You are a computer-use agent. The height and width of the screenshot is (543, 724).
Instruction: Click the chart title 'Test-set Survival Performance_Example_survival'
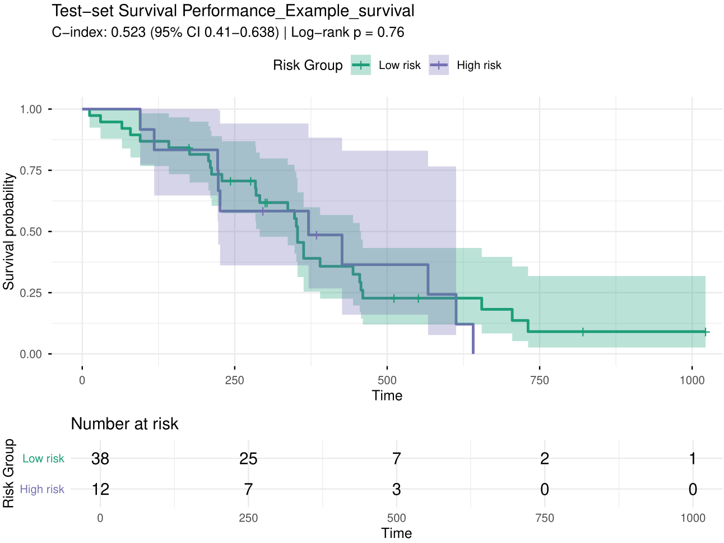pyautogui.click(x=233, y=11)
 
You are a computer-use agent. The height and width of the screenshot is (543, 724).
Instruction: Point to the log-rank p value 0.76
pyautogui.click(x=391, y=33)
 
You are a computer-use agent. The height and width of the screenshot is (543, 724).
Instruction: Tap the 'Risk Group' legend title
pyautogui.click(x=308, y=65)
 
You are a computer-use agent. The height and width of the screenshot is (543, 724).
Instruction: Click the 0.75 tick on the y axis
pyautogui.click(x=31, y=171)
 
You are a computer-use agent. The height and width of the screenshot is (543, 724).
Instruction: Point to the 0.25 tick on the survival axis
pyautogui.click(x=31, y=293)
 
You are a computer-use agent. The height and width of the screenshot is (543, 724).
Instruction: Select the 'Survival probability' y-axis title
pyautogui.click(x=8, y=231)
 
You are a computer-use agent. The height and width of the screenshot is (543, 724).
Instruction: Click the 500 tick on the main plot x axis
pyautogui.click(x=387, y=380)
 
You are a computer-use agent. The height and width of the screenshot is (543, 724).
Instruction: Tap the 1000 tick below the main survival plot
pyautogui.click(x=692, y=380)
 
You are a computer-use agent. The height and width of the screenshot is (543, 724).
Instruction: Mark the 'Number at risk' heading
pyautogui.click(x=124, y=424)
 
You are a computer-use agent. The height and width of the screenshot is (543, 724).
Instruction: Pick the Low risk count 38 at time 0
pyautogui.click(x=100, y=459)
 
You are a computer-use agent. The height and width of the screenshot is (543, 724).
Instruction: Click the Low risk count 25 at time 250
pyautogui.click(x=248, y=459)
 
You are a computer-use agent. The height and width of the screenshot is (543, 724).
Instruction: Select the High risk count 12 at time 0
pyautogui.click(x=100, y=489)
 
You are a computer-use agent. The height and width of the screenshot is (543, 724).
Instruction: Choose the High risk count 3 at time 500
pyautogui.click(x=396, y=489)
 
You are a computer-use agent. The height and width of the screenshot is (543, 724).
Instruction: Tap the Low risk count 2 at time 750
pyautogui.click(x=545, y=459)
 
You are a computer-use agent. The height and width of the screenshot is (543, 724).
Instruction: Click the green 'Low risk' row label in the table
pyautogui.click(x=43, y=459)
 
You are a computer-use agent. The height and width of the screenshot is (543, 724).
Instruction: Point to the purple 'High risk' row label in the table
pyautogui.click(x=42, y=489)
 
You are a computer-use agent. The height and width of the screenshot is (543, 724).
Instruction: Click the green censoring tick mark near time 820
pyautogui.click(x=583, y=332)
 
